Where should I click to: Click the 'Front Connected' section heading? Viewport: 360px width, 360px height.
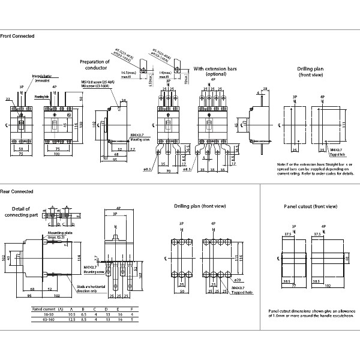click(x=17, y=37)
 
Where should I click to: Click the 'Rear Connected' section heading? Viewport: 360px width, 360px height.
click(x=17, y=192)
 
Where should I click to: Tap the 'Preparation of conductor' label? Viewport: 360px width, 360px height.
click(x=95, y=64)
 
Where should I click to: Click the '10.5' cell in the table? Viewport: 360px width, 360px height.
click(x=71, y=314)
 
